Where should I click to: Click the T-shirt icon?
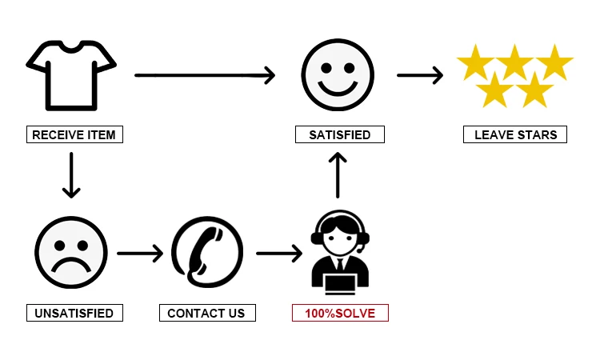coord(71,75)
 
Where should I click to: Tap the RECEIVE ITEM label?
coord(74,134)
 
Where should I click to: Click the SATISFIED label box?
coord(339,134)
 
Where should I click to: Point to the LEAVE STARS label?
coord(515,134)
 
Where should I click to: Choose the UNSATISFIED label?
coord(74,313)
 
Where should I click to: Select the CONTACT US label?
coord(206,313)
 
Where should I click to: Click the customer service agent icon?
coord(340,251)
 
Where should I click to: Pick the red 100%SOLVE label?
coord(339,313)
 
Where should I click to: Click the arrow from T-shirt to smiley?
coord(204,75)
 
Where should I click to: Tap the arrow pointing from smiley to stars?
coord(420,75)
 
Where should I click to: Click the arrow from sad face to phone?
coord(139,254)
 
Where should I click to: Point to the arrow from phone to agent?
coord(279,254)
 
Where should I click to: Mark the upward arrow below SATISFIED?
coord(338,174)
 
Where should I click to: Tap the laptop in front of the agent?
coord(340,281)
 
